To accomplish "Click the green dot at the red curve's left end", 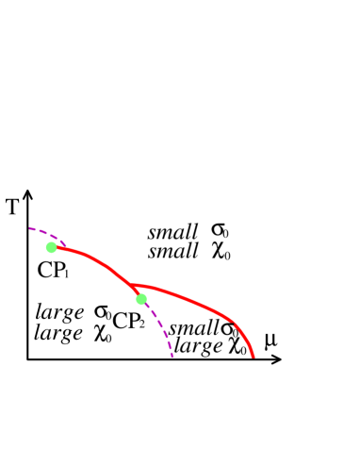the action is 52,247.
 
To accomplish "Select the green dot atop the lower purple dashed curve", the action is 141,299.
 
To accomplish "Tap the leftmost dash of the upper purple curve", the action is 32,228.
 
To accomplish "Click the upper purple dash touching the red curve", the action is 62,243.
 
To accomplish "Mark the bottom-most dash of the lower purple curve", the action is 172,354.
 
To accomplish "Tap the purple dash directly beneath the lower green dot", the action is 148,307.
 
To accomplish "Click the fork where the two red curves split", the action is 132,286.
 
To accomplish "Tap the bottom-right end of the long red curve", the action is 254,357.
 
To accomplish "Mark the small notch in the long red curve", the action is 233,323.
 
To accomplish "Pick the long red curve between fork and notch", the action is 184,299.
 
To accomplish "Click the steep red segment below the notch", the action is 245,338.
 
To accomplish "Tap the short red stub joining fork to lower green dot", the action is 137,292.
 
